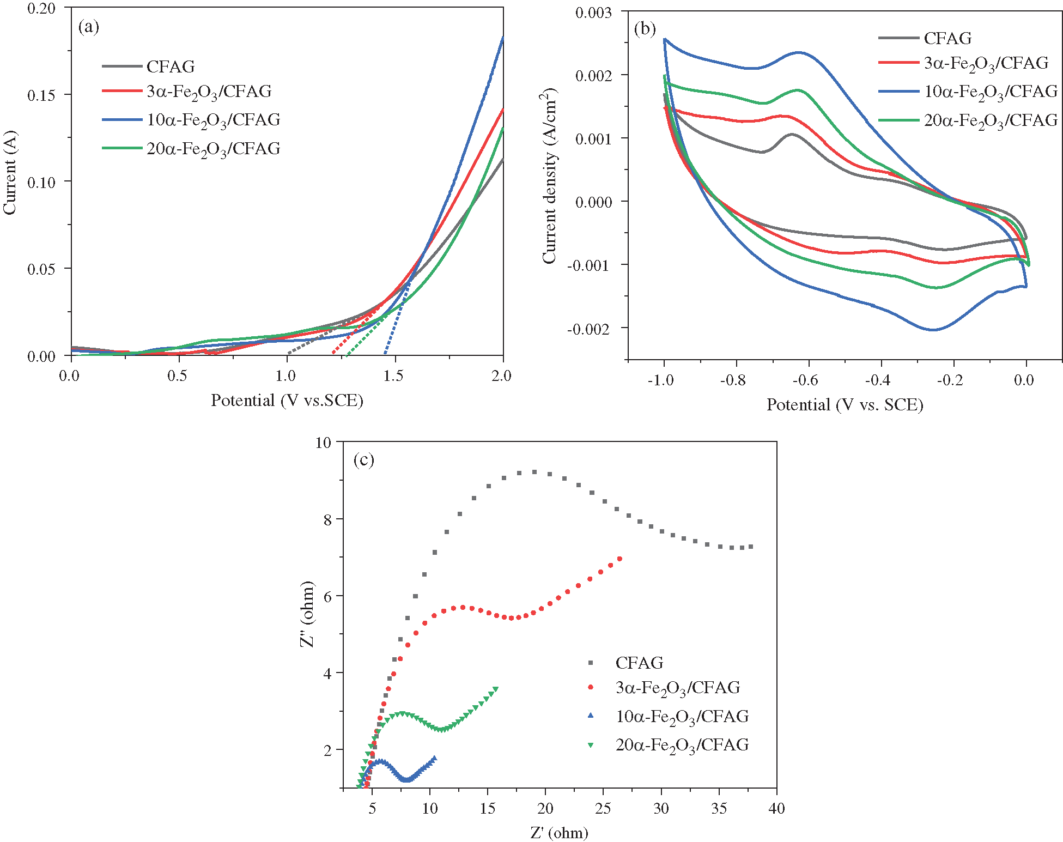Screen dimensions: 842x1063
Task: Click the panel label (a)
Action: coord(89,27)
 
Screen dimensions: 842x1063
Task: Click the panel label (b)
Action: coord(645,28)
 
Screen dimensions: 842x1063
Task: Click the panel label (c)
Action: coord(364,460)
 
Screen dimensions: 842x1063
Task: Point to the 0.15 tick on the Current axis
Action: coord(41,95)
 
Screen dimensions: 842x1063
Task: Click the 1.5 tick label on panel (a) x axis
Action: coord(393,375)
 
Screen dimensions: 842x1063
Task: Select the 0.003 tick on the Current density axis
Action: coord(594,13)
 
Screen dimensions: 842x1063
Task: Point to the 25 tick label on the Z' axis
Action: coord(603,808)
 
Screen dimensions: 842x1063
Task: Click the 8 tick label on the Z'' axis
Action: coord(327,519)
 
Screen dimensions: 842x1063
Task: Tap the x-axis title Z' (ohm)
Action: coord(559,833)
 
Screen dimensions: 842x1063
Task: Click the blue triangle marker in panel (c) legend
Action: coord(591,716)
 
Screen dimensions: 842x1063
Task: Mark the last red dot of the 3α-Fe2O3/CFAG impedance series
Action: coord(619,559)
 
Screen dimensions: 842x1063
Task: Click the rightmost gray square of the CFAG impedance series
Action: coord(751,547)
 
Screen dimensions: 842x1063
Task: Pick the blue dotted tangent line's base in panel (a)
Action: coord(385,353)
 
